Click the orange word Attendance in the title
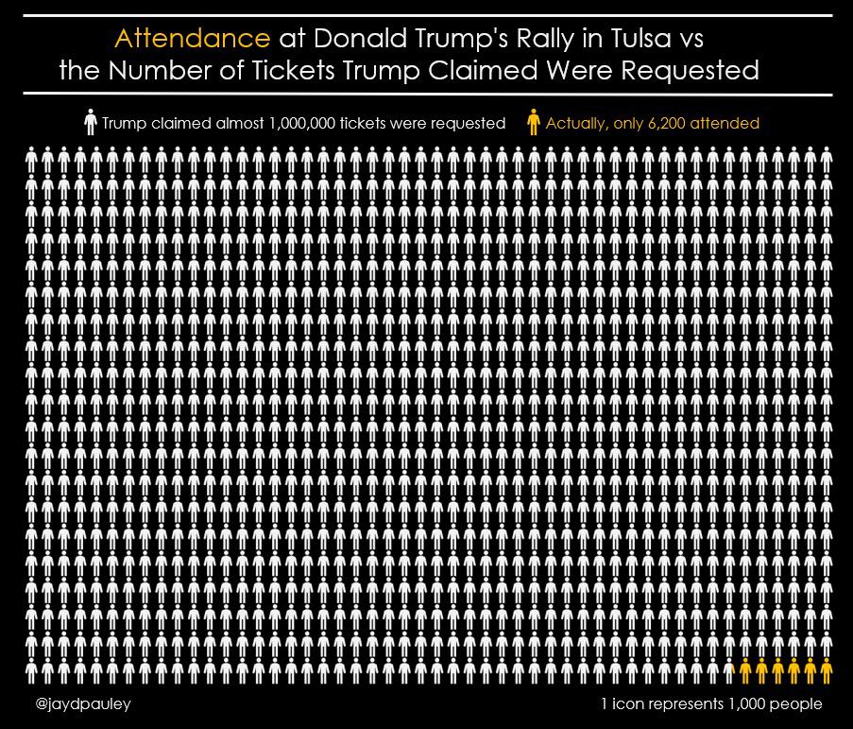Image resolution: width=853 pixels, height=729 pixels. [x=192, y=39]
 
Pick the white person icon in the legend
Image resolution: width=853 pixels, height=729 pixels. [x=91, y=123]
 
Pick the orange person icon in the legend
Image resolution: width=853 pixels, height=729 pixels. [x=534, y=123]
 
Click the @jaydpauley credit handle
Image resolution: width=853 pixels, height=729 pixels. [x=83, y=704]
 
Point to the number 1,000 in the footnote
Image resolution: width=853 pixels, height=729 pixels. [x=747, y=704]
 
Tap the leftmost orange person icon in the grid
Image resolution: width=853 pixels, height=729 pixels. [x=745, y=669]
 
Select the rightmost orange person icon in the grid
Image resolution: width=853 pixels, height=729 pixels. [x=827, y=669]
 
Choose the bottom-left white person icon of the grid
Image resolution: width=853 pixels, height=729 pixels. [x=31, y=669]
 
